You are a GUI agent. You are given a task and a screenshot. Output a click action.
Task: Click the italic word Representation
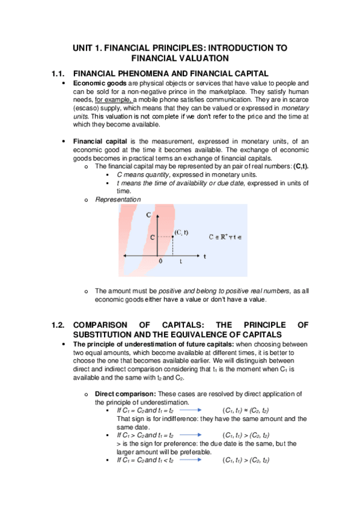[x=118, y=199]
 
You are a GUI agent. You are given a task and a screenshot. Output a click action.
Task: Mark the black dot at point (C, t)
[x=172, y=237]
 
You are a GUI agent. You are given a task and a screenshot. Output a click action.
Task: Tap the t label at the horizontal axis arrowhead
[x=205, y=256]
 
